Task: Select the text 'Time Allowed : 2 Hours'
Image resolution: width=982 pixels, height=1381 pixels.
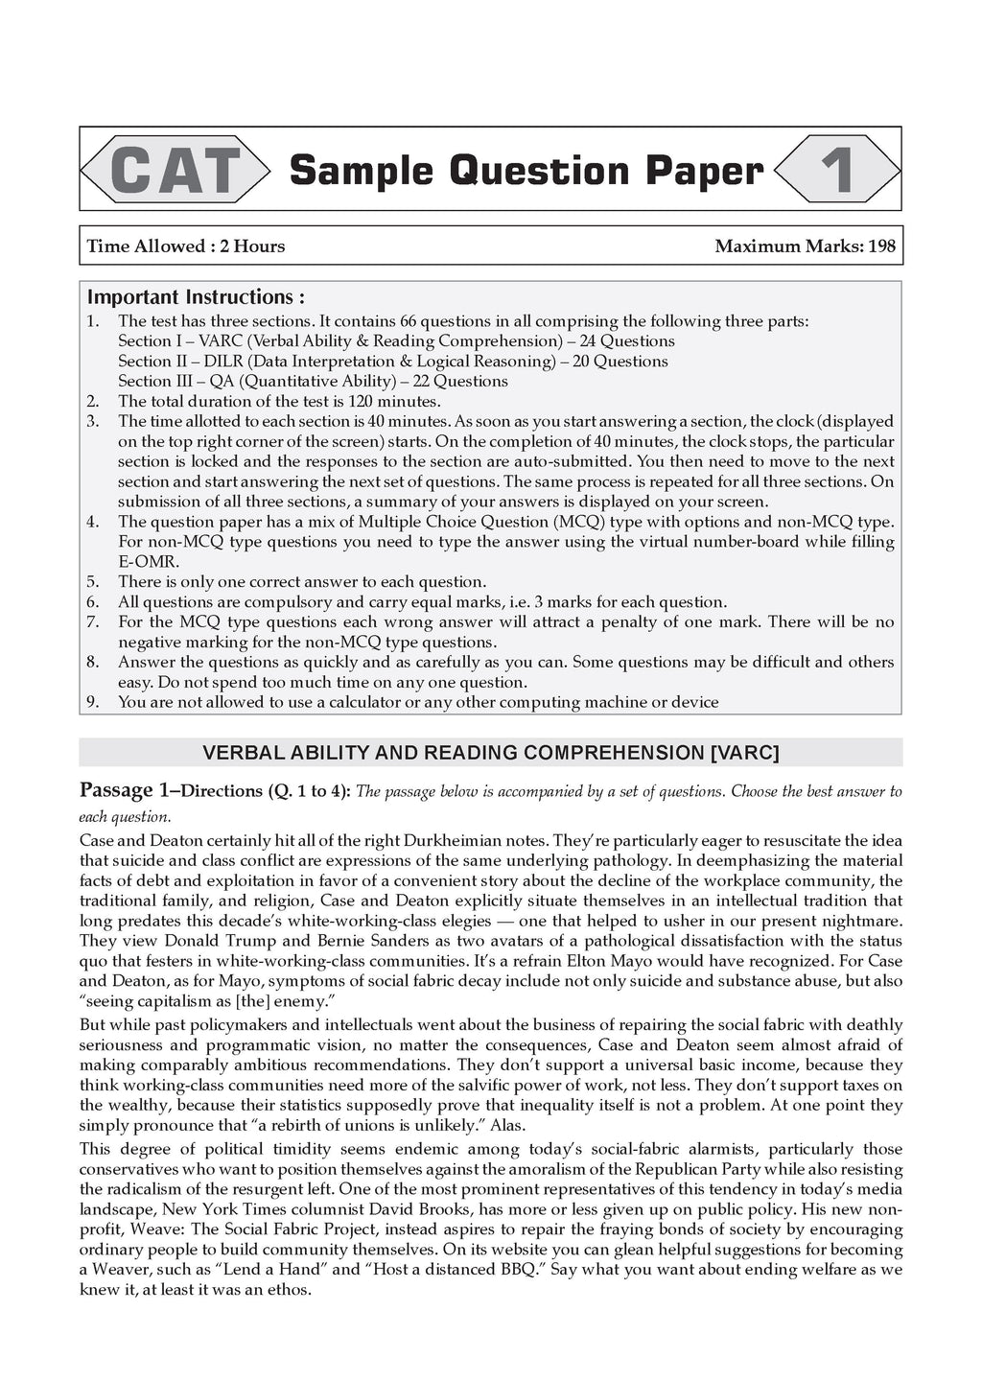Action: pos(186,246)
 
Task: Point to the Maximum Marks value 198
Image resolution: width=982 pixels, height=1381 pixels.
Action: pos(880,246)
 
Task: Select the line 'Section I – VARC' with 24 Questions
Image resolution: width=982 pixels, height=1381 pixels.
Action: pos(396,341)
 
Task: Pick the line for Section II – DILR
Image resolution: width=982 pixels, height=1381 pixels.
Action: pos(392,362)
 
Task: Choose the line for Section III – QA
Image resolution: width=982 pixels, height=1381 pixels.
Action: pos(313,382)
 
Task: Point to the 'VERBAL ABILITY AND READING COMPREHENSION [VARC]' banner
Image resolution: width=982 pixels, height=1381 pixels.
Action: pos(490,753)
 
